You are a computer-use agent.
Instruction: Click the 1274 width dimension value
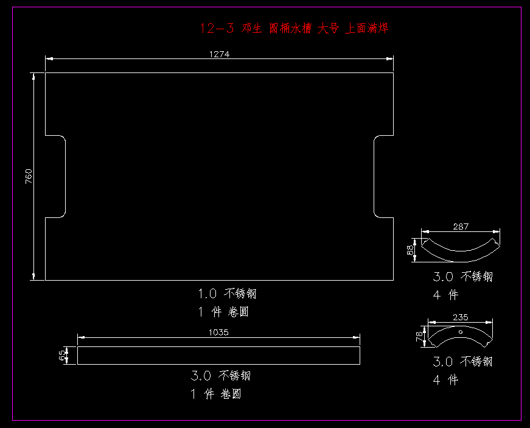[219, 54]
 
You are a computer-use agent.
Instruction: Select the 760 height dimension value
[29, 177]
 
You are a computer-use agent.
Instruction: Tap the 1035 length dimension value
[218, 332]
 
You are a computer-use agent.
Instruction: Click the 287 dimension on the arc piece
[461, 227]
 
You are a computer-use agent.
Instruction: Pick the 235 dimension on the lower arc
[461, 317]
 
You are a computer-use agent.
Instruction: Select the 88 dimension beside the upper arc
[411, 250]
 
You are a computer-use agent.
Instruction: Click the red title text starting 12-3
[294, 28]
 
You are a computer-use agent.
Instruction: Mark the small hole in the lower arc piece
[461, 332]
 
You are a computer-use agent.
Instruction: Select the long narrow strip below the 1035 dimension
[218, 356]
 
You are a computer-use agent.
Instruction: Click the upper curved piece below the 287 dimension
[461, 247]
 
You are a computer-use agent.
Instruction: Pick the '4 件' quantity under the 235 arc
[445, 381]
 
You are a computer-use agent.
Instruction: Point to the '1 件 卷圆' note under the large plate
[223, 312]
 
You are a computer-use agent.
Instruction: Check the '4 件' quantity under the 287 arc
[445, 295]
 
